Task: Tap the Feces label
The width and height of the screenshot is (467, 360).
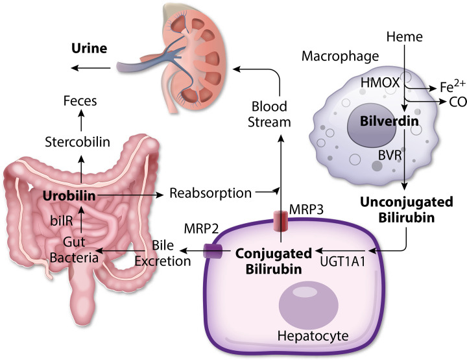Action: (81, 101)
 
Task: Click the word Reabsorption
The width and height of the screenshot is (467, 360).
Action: (210, 193)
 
